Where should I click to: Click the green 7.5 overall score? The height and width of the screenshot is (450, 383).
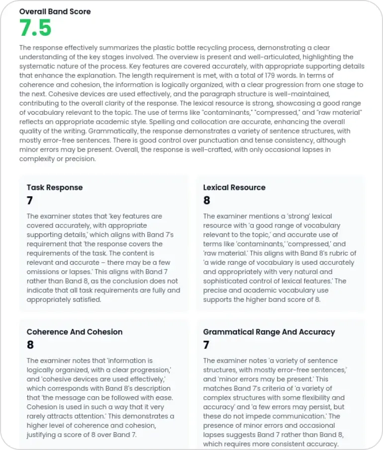tap(35, 28)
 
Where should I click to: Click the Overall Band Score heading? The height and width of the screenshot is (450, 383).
tap(55, 11)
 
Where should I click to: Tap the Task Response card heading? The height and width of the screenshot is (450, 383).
tap(55, 187)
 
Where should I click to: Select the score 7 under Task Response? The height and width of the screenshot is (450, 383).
tap(30, 201)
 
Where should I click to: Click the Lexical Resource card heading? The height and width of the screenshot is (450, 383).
tap(234, 187)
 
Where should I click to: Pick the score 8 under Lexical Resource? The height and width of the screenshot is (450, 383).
tap(207, 201)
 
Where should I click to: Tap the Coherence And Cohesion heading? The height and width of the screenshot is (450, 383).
tap(75, 332)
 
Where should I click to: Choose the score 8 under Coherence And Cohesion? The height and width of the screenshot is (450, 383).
tap(30, 345)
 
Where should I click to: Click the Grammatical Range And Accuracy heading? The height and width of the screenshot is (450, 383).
tap(269, 332)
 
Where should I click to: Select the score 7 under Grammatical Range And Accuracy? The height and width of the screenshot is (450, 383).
tap(206, 345)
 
